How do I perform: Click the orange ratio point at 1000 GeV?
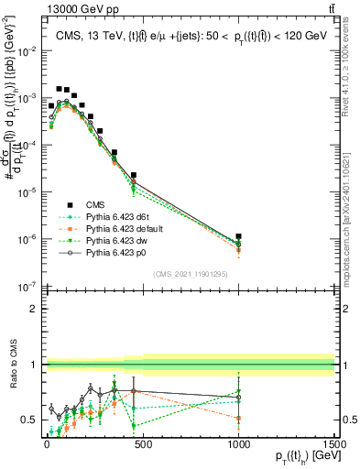[238, 418]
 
